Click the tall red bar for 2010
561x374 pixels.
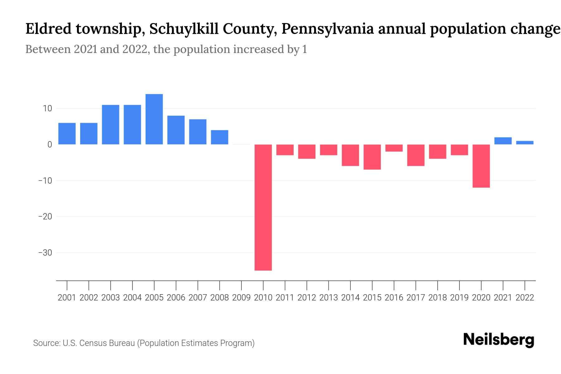263,207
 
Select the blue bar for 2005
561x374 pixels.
154,119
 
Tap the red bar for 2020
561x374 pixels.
481,166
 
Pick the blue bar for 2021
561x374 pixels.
503,141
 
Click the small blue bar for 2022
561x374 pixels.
525,143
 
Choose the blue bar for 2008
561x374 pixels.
219,137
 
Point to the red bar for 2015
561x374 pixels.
372,157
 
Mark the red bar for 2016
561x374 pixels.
394,148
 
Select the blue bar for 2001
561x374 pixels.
67,134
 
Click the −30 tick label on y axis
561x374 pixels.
45,252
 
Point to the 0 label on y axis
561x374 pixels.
49,145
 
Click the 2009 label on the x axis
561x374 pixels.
241,298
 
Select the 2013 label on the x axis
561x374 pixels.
328,298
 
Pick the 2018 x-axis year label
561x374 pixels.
437,298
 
